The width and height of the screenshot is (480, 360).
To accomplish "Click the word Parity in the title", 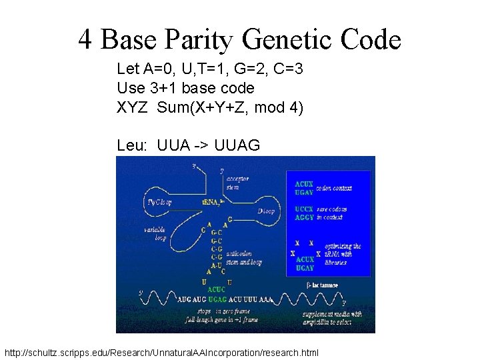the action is [x=199, y=40].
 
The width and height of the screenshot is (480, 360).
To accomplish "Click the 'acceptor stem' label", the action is [x=238, y=183].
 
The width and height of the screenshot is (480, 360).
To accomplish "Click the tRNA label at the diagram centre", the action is [x=213, y=202].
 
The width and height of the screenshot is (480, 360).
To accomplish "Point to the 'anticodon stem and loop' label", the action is [x=245, y=257].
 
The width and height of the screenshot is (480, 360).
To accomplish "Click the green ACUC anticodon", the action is [x=217, y=290].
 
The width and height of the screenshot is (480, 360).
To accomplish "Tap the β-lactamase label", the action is [x=322, y=285].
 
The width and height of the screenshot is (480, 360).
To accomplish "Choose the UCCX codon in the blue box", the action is [x=305, y=209].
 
